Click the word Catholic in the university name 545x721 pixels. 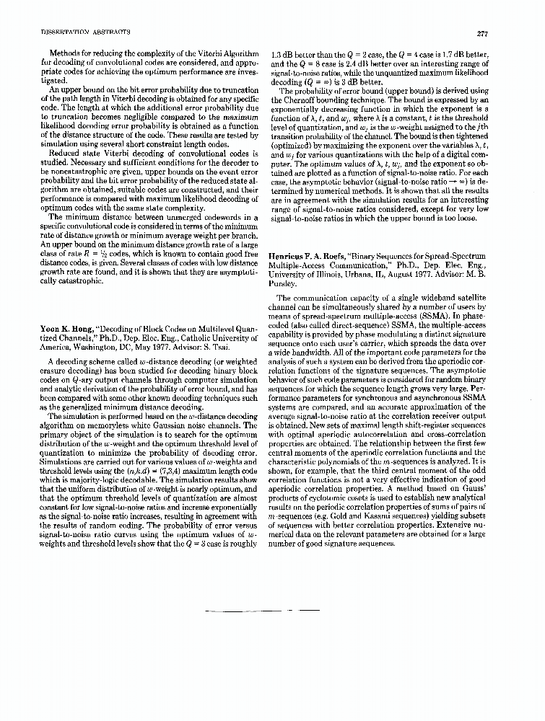coord(183,338)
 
